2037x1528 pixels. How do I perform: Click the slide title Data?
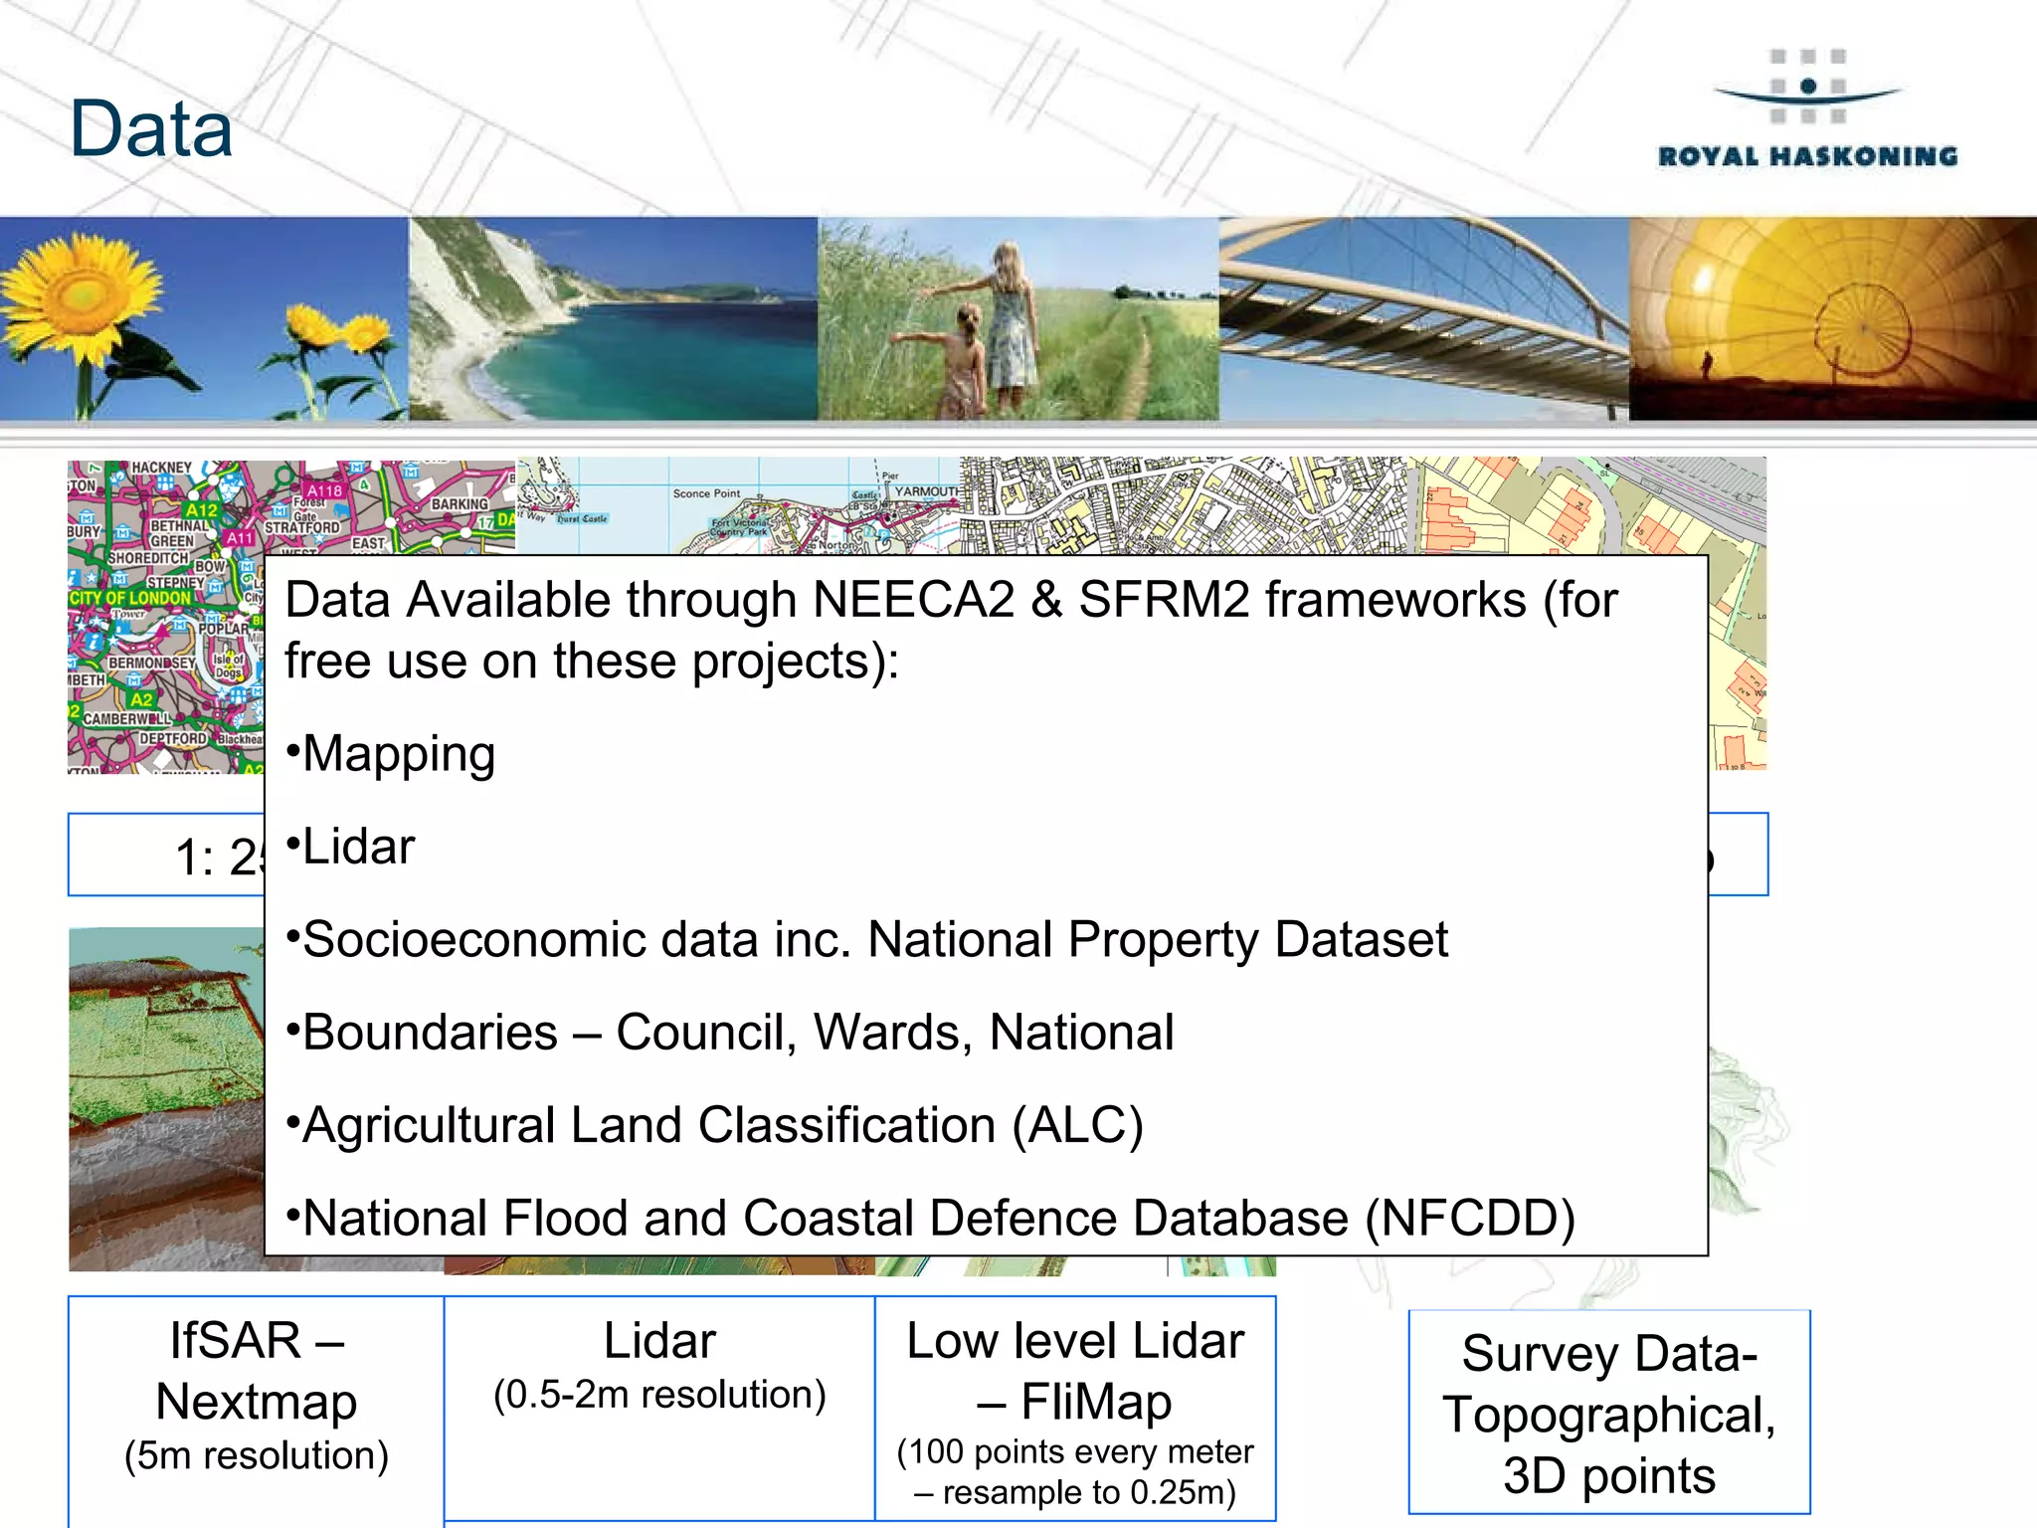tap(151, 129)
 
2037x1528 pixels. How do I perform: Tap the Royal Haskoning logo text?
tap(1807, 156)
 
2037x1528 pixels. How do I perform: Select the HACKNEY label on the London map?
tap(161, 468)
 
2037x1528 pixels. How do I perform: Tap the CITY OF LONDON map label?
tap(129, 598)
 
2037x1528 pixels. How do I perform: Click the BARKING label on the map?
tap(459, 504)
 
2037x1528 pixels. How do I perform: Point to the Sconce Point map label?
tap(706, 493)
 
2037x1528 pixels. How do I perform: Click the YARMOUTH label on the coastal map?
tap(927, 491)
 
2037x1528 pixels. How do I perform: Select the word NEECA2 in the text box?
tap(913, 601)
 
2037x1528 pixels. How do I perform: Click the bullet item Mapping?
tap(398, 754)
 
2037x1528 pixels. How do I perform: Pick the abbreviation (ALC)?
tap(1077, 1126)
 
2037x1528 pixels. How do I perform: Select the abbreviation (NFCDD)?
tap(1469, 1219)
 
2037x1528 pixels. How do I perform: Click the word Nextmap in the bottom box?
tap(257, 1403)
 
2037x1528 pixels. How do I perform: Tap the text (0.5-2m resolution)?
tap(659, 1396)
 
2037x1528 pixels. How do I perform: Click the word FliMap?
tap(1096, 1403)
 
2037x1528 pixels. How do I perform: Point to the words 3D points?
tap(1609, 1476)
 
